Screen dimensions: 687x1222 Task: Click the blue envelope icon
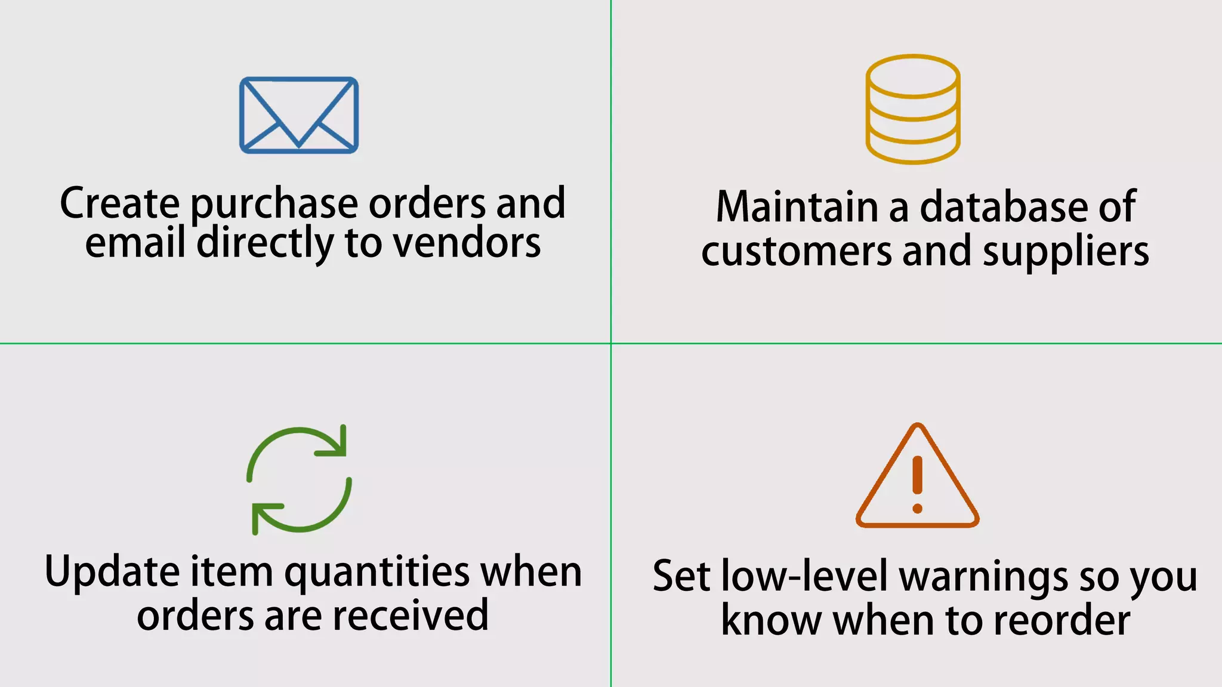pos(299,115)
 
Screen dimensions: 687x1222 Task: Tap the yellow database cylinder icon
pos(913,109)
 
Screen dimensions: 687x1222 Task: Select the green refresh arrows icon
pos(299,479)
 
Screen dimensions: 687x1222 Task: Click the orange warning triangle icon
pos(917,477)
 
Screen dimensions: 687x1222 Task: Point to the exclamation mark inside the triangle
pos(918,484)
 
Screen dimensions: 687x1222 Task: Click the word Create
pos(119,203)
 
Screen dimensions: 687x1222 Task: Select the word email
pos(135,243)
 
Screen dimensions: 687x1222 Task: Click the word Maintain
pos(797,207)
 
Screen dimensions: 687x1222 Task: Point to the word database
pos(1004,207)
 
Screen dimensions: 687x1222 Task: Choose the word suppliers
pos(1066,252)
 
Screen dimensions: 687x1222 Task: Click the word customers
pos(797,252)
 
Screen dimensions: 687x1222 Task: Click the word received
pos(411,616)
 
